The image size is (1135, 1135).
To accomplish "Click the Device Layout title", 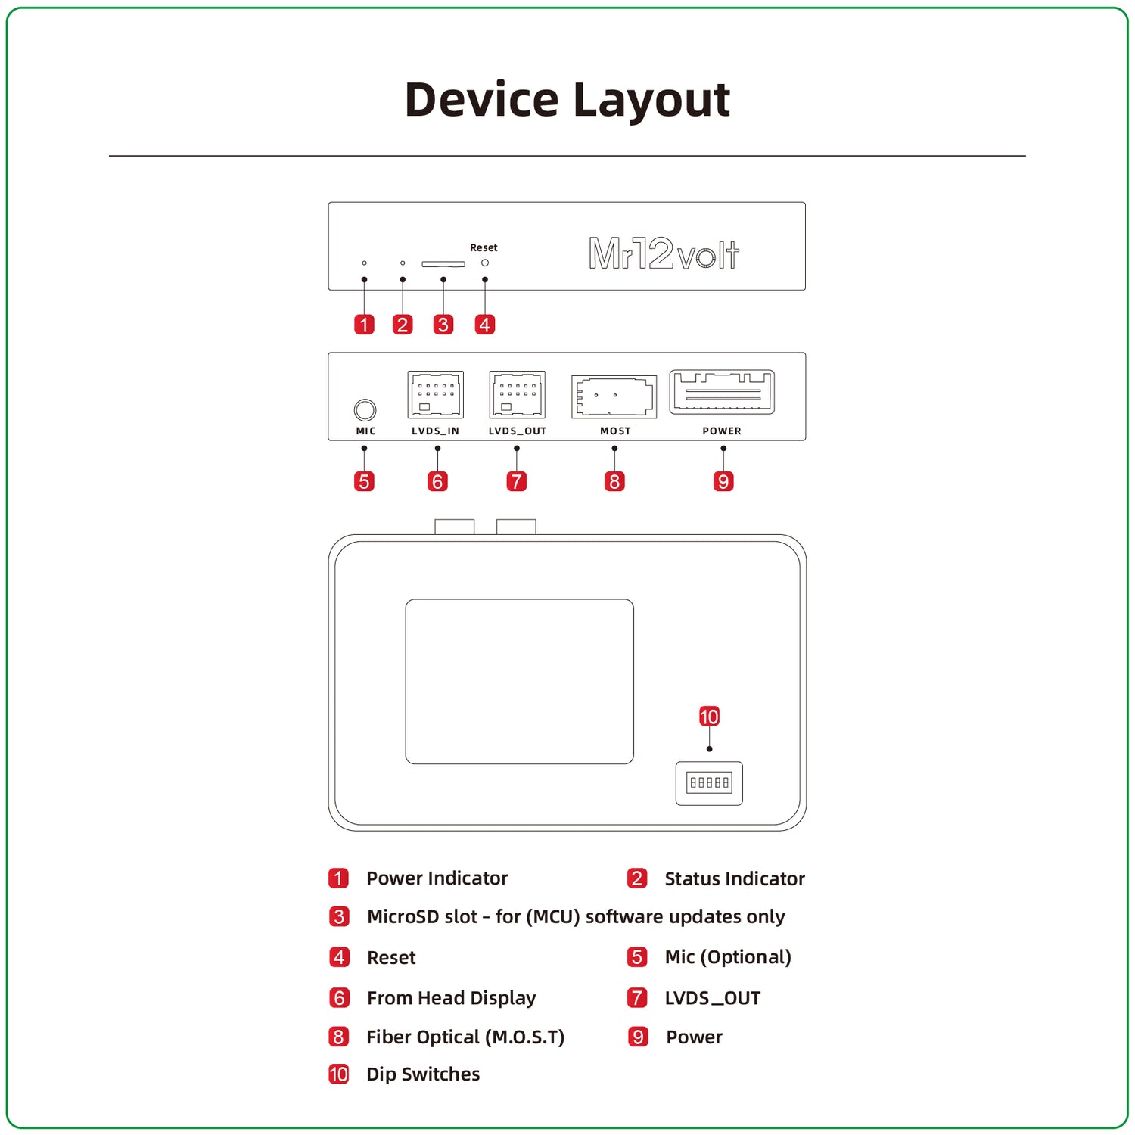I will pos(567,100).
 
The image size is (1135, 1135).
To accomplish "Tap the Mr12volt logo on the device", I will pos(664,253).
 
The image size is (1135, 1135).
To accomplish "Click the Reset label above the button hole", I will pos(484,247).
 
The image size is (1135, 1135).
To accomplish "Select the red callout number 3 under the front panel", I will pos(443,325).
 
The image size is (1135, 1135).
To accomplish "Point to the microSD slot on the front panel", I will pos(443,264).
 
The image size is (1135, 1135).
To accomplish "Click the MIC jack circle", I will pos(365,409).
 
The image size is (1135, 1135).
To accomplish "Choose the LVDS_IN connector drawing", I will pos(435,394).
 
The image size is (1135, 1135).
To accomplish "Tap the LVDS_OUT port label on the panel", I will pos(517,431).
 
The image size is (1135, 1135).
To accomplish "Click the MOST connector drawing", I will pos(614,396).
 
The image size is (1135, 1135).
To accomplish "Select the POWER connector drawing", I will pos(722,391).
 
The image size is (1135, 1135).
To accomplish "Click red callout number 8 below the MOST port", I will pos(614,481).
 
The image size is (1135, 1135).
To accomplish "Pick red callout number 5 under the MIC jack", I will pos(364,481).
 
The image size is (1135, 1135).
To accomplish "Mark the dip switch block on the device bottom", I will pos(709,782).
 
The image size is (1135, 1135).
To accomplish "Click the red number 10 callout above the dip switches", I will pos(709,717).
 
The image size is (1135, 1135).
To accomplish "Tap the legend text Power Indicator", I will pos(437,878).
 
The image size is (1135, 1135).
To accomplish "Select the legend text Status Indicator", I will pos(734,879).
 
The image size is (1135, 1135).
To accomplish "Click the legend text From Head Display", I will pos(451,998).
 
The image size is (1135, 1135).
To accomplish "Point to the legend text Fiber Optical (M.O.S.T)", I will pos(465,1037).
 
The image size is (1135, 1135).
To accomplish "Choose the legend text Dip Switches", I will pos(423,1074).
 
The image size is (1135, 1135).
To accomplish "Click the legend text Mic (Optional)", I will pos(727,957).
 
